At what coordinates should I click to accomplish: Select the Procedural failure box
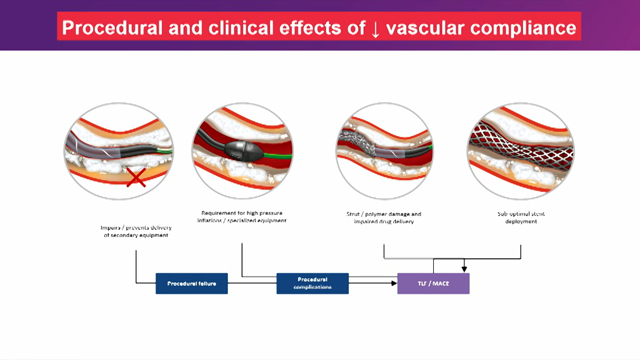click(x=192, y=284)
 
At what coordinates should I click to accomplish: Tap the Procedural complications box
click(x=312, y=284)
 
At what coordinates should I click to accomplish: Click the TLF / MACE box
click(x=433, y=284)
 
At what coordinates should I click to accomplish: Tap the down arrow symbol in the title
click(x=374, y=27)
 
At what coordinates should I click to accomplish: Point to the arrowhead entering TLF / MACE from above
click(x=463, y=269)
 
